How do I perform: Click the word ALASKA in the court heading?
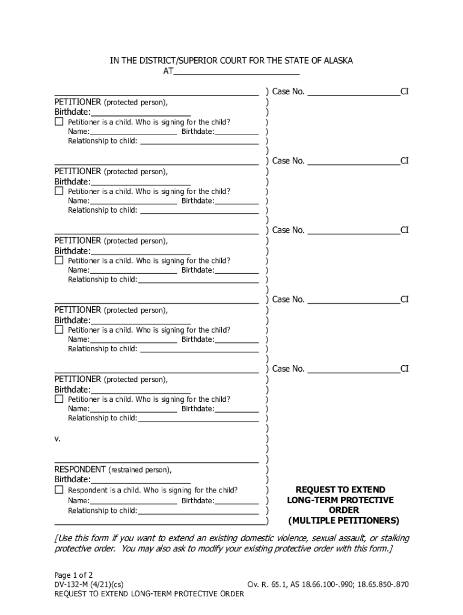coord(337,61)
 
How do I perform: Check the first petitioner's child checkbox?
coord(59,122)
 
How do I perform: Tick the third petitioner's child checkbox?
coord(59,261)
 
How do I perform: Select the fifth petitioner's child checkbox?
coord(59,399)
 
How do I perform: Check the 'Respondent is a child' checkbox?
coord(59,490)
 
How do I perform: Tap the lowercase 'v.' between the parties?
coord(58,439)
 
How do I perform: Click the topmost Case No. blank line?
coord(354,92)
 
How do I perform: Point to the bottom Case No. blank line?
coord(354,369)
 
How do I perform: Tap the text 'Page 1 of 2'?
coord(73,575)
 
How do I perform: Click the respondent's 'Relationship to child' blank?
coord(198,510)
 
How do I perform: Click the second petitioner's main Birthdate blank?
coord(141,182)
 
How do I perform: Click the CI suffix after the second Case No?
coord(405,161)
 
